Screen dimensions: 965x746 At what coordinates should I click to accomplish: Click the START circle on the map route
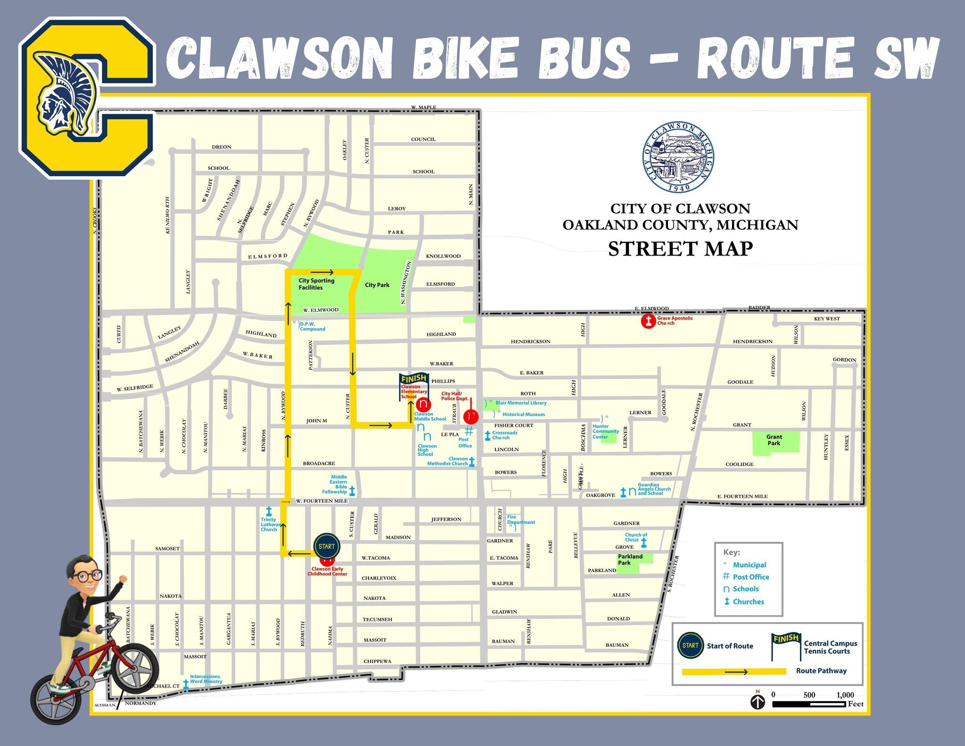(x=326, y=547)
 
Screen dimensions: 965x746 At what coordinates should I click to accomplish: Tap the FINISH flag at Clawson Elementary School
(x=413, y=379)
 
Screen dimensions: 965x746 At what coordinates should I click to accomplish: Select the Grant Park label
(x=774, y=440)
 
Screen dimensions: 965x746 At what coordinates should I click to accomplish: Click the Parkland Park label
(x=630, y=560)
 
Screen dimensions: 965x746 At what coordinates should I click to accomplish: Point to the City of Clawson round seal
(x=678, y=157)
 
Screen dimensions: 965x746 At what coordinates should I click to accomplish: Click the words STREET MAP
(x=680, y=249)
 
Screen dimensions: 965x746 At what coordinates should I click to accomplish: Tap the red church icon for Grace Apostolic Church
(x=648, y=322)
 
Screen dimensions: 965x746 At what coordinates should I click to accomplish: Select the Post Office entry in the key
(x=750, y=577)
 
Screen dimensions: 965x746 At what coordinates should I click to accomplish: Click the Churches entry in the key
(x=748, y=602)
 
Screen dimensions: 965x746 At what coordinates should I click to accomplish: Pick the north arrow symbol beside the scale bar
(x=758, y=702)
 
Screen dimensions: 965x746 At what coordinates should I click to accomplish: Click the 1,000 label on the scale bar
(x=845, y=695)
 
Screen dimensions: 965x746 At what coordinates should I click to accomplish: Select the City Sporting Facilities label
(x=316, y=284)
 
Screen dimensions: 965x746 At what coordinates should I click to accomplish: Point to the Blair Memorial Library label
(x=520, y=403)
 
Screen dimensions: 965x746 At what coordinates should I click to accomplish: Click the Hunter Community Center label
(x=605, y=431)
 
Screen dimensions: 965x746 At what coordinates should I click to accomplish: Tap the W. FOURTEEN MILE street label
(x=322, y=501)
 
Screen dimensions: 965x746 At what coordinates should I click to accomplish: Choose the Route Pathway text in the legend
(x=821, y=671)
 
